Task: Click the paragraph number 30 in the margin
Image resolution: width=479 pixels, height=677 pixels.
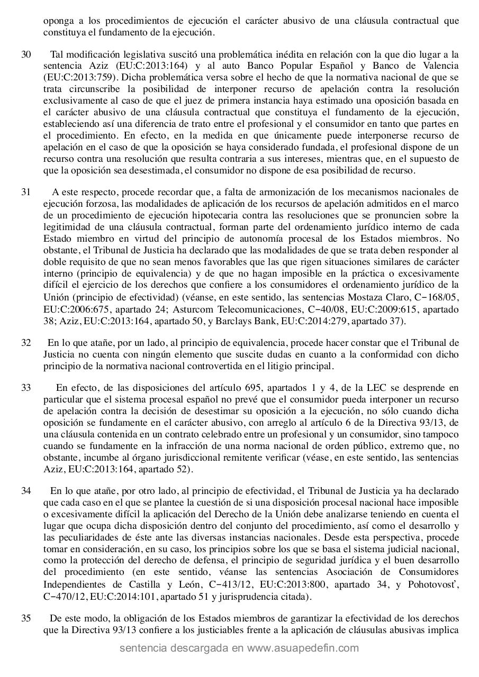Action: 26,54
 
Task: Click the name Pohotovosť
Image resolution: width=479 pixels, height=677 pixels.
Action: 436,585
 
